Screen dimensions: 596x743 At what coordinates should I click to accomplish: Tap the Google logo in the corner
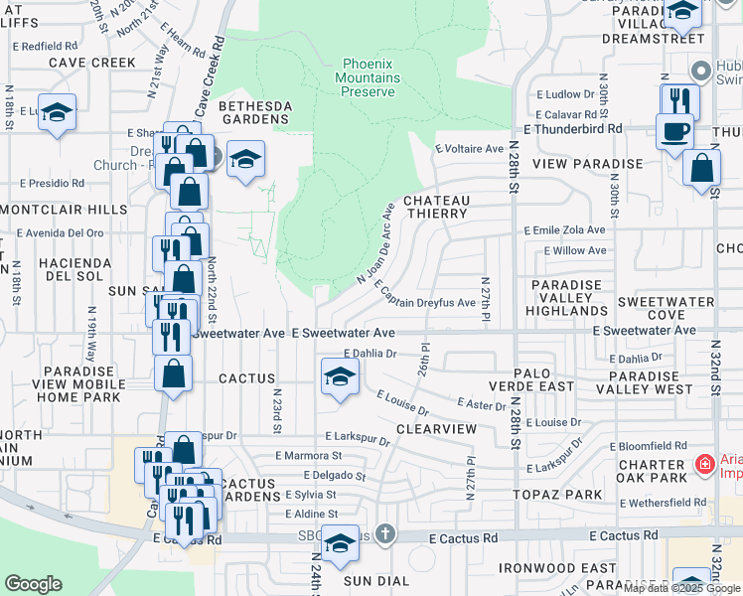[x=33, y=584]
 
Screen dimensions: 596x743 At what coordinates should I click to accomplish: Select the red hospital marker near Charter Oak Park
[x=704, y=463]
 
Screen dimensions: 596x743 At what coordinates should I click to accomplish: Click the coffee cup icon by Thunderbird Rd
[x=674, y=131]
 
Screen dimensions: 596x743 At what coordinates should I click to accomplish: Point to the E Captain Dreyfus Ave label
[x=426, y=294]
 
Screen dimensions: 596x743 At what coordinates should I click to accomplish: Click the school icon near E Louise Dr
[x=340, y=377]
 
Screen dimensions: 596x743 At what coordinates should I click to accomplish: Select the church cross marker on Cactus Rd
[x=385, y=535]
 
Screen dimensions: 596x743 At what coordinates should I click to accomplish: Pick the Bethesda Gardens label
[x=253, y=111]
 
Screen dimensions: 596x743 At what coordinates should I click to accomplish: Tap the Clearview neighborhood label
[x=436, y=428]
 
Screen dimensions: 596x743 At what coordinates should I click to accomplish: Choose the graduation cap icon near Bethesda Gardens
[x=244, y=159]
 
